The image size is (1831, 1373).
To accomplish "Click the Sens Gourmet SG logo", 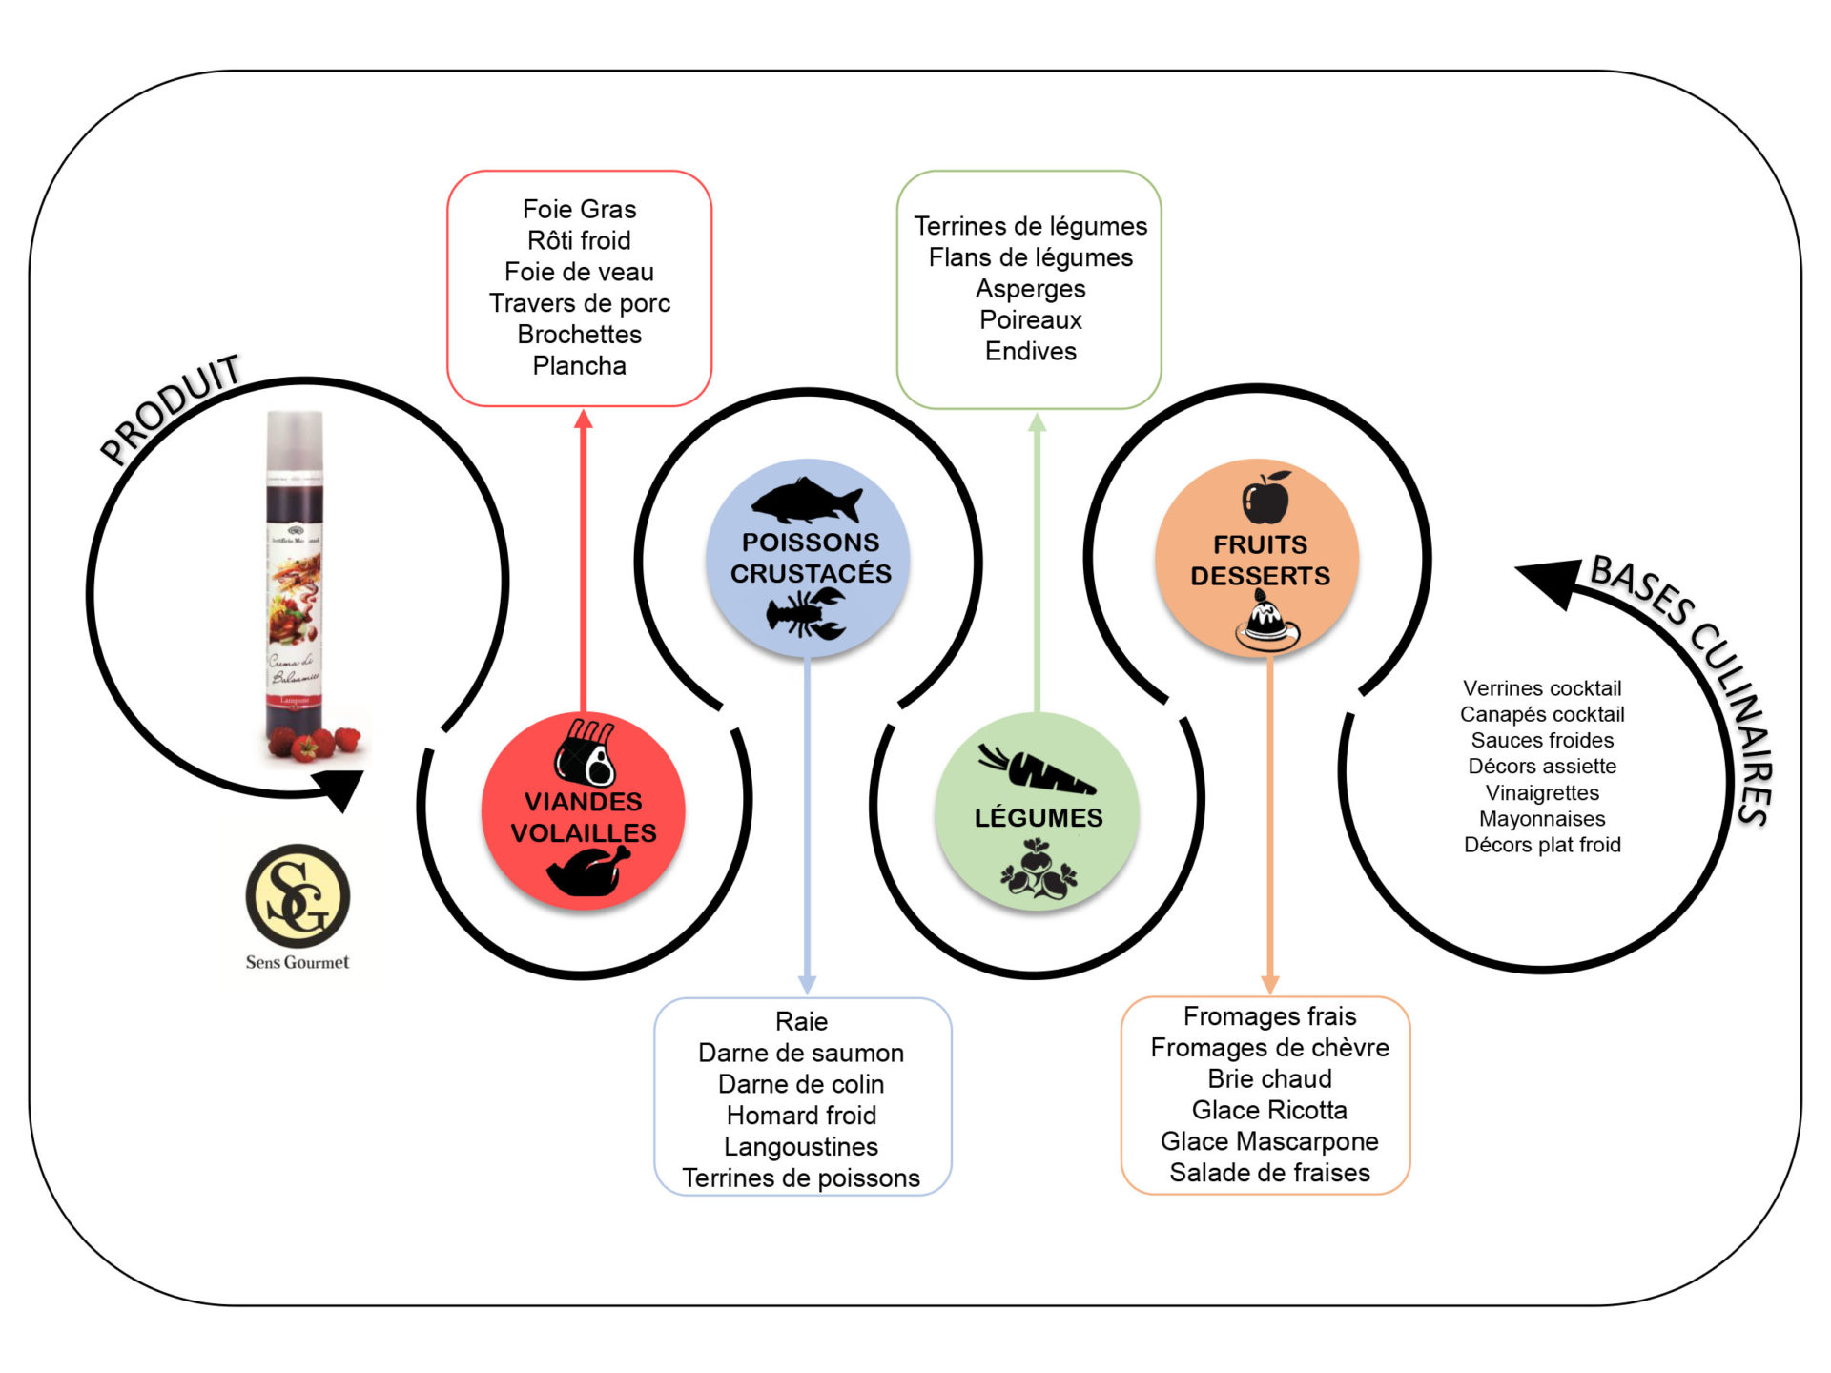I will [x=298, y=896].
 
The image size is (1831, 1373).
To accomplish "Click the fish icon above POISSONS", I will [x=806, y=500].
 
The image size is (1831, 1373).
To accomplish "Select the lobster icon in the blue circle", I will [x=807, y=612].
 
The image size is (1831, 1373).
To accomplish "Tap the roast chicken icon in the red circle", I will [x=587, y=870].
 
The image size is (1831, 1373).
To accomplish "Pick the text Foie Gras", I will [x=579, y=209].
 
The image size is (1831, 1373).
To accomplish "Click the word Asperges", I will [x=1030, y=288].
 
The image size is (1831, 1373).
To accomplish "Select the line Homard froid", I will [x=801, y=1115].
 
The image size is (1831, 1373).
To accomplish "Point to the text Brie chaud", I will [x=1269, y=1078].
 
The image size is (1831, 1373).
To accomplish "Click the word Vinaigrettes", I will [x=1542, y=792].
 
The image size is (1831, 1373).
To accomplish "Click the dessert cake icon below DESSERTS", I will [x=1266, y=620].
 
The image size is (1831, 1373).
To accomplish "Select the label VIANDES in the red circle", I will [x=584, y=801].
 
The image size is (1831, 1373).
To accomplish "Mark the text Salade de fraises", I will [x=1269, y=1172].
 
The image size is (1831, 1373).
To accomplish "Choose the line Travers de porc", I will [x=579, y=302].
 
